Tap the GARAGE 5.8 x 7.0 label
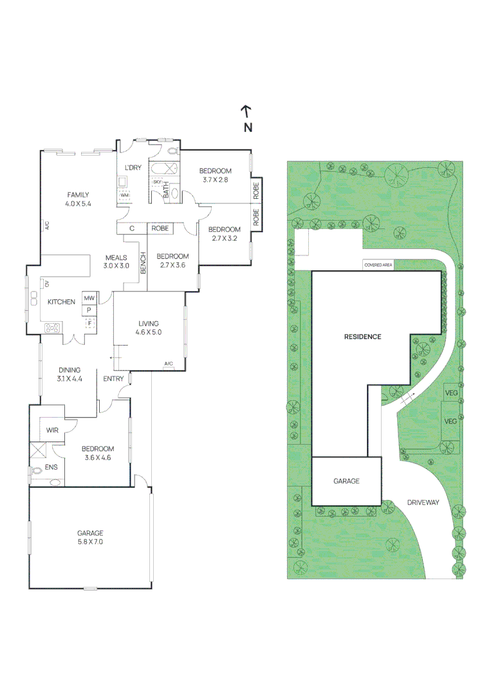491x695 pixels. (x=90, y=537)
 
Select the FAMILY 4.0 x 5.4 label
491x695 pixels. (x=78, y=199)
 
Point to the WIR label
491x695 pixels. (x=52, y=431)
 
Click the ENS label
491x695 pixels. (x=51, y=467)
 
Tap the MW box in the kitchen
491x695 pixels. (x=89, y=299)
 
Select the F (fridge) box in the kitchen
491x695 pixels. (x=89, y=323)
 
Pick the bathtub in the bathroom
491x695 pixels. (x=165, y=169)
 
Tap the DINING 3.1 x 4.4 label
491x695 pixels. (x=69, y=374)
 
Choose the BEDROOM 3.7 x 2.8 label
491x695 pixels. (x=215, y=175)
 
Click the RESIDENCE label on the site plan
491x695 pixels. (x=362, y=337)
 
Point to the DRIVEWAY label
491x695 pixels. (x=422, y=503)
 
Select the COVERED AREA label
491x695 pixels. (x=378, y=264)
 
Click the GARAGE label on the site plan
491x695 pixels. (x=346, y=481)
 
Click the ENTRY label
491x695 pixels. (x=113, y=378)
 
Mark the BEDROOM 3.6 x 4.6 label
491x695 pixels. (x=98, y=453)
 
